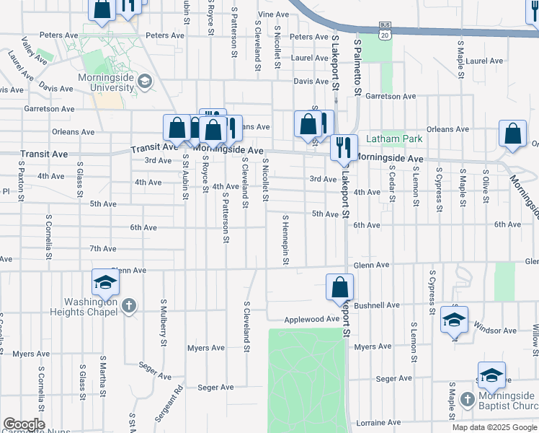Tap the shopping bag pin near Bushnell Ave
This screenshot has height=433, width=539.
339,287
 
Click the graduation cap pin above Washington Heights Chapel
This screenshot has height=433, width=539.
105,281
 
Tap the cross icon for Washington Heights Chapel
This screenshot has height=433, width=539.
129,306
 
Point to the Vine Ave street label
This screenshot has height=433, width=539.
273,14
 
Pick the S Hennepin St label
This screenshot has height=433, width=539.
286,240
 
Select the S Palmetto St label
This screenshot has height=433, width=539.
357,68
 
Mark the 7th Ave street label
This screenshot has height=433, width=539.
103,249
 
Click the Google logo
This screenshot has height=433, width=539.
23,424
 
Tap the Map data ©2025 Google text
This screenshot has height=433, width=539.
494,427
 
